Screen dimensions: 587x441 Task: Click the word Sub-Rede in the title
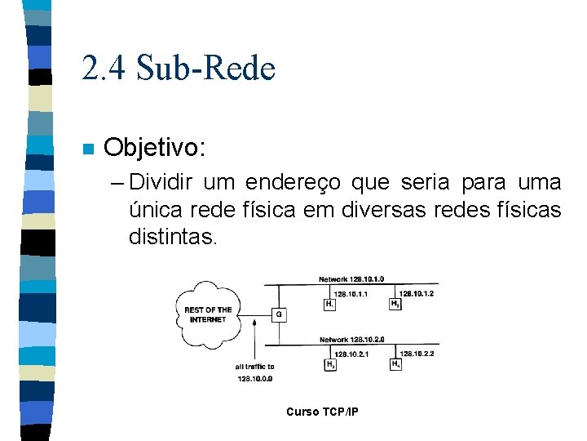(x=206, y=69)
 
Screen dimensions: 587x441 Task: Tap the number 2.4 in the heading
(x=104, y=69)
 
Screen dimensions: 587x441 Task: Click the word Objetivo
(x=155, y=148)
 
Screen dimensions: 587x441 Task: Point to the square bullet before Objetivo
(x=88, y=149)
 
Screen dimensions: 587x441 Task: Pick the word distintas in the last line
(x=173, y=238)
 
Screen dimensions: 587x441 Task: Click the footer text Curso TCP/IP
(x=321, y=412)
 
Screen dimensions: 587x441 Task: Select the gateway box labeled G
(x=279, y=314)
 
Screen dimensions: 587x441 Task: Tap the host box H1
(x=329, y=304)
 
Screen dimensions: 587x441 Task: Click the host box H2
(x=395, y=304)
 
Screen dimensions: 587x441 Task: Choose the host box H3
(x=330, y=364)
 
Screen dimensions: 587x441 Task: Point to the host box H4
(x=395, y=364)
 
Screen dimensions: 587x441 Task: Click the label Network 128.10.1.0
(x=351, y=279)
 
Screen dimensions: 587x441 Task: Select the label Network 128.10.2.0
(x=351, y=340)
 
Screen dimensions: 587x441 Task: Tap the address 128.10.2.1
(x=352, y=354)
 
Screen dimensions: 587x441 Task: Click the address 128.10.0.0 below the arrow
(x=255, y=378)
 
